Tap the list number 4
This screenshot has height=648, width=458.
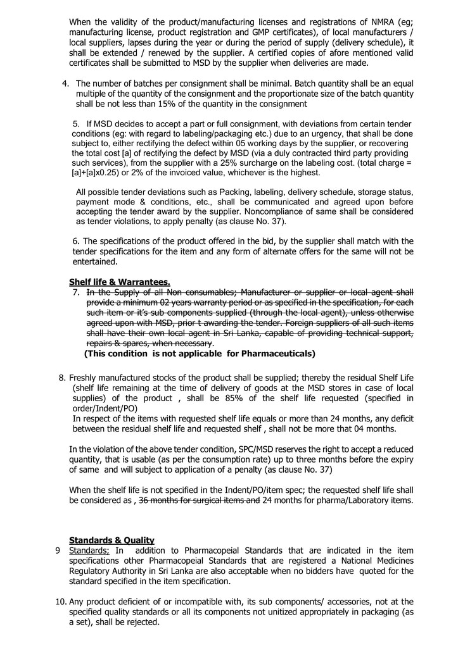click(x=65, y=84)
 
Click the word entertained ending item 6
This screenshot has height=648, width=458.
click(x=95, y=261)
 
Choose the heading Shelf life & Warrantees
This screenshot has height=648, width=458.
click(x=119, y=282)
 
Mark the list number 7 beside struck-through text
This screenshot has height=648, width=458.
click(x=76, y=292)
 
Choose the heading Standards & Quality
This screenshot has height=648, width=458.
click(x=111, y=540)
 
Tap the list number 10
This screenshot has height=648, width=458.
click(x=61, y=602)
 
